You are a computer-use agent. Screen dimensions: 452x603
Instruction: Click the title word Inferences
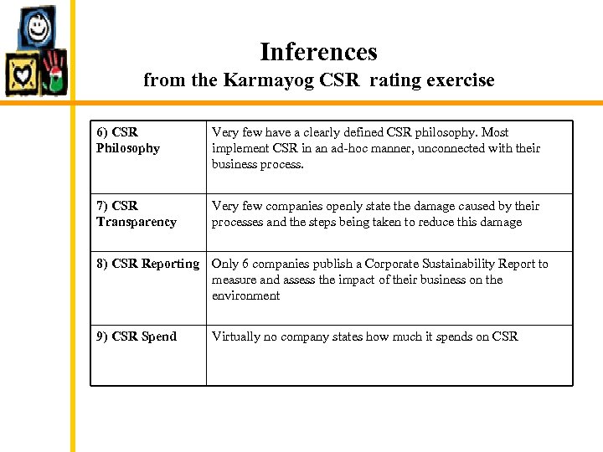(x=318, y=52)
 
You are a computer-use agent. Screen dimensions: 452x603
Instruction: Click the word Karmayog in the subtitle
(x=258, y=80)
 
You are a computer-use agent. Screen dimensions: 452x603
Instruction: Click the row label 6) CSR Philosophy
(x=127, y=140)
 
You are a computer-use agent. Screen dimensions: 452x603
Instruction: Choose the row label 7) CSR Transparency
(x=136, y=213)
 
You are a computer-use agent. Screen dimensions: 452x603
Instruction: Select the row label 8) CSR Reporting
(x=147, y=264)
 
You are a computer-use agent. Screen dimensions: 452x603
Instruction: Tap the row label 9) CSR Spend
(x=136, y=336)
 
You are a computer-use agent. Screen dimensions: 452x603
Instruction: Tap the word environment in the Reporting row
(x=245, y=295)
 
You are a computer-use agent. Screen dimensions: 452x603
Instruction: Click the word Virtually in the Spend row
(x=236, y=336)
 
